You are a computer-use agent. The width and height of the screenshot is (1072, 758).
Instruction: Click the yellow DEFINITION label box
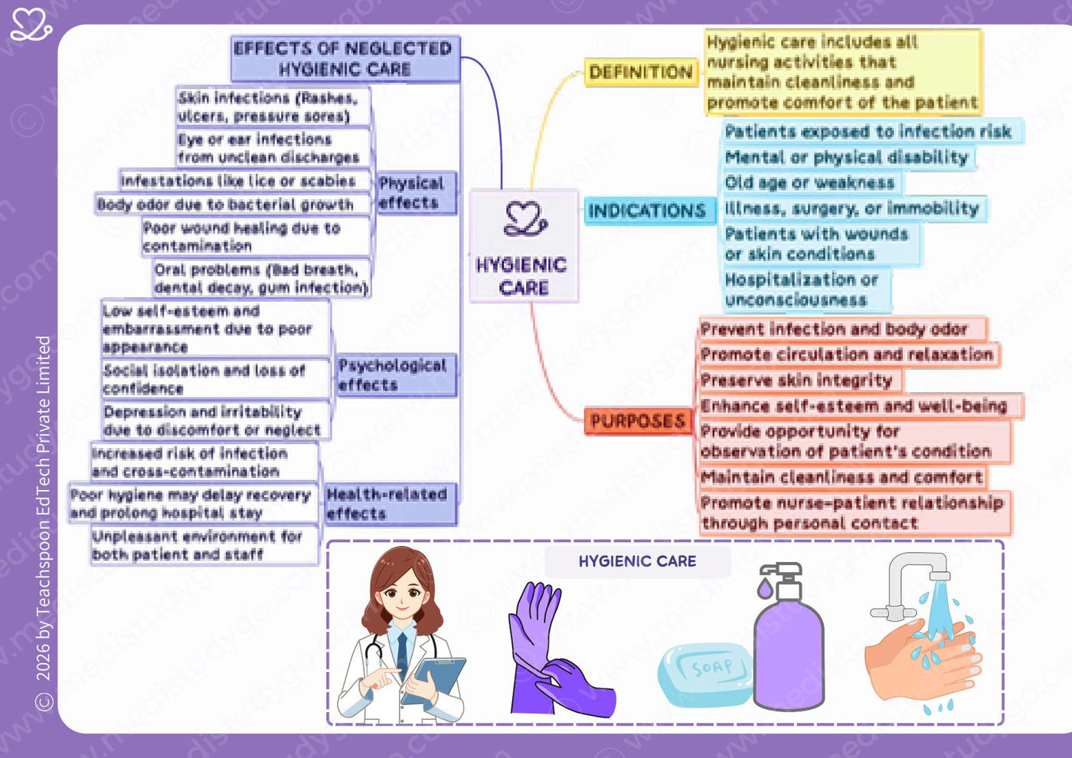pos(642,72)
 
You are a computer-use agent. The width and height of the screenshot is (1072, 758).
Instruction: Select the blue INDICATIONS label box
pos(650,211)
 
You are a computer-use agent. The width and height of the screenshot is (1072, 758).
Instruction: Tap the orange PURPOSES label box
pos(638,421)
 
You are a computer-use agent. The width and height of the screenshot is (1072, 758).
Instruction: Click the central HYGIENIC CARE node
pos(524,246)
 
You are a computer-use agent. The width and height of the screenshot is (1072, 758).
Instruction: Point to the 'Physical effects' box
pos(417,193)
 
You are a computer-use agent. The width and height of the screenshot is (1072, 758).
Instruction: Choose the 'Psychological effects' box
pos(397,375)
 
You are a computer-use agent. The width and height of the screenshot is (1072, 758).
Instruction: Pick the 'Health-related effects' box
pos(390,504)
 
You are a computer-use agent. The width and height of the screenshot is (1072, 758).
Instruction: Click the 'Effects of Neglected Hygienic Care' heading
pos(345,58)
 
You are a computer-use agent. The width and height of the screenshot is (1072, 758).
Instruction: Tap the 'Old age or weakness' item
pos(811,182)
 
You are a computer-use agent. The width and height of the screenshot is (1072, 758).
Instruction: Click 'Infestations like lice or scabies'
pos(243,181)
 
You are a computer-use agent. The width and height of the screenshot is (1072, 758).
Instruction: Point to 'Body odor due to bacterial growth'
pos(231,204)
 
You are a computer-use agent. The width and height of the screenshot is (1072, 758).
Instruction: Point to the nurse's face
pos(402,596)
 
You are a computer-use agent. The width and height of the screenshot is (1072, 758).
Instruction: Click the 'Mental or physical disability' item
pos(848,157)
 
